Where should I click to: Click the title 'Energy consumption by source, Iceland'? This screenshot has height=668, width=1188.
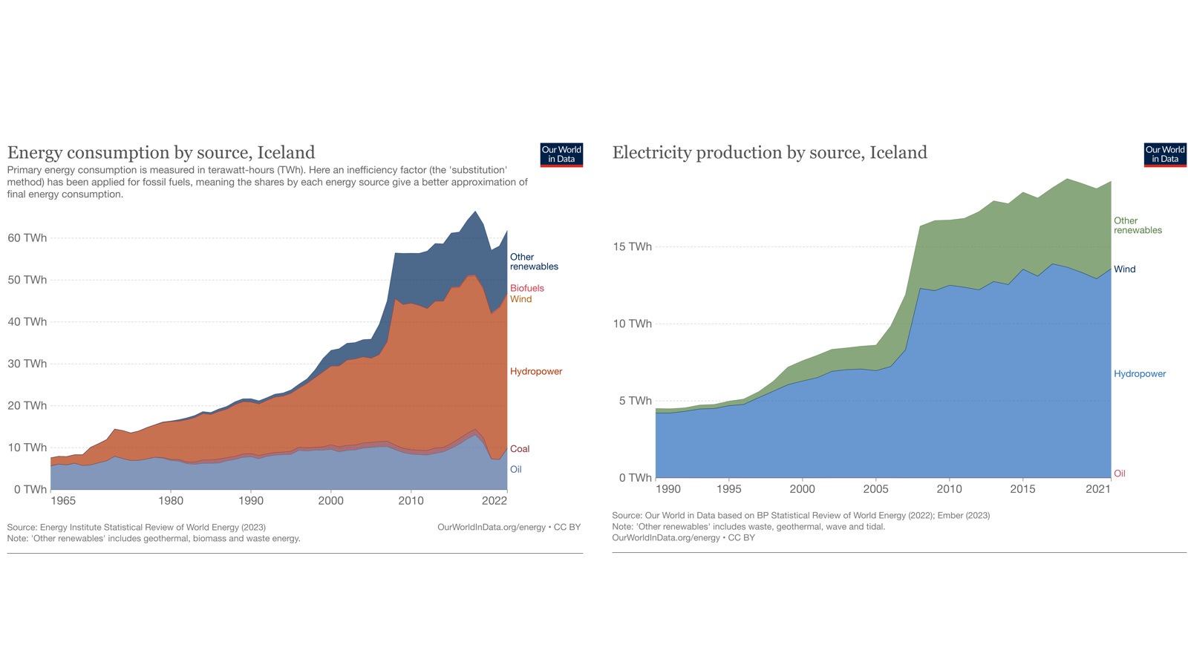[x=161, y=153]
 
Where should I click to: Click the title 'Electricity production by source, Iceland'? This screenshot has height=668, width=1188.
[x=769, y=153]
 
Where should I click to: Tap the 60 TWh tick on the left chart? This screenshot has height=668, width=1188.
[x=27, y=238]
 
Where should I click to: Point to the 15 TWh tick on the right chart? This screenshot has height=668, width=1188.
[x=632, y=246]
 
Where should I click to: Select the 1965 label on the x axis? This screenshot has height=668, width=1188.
[x=63, y=501]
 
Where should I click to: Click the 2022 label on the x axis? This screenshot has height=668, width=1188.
[x=494, y=501]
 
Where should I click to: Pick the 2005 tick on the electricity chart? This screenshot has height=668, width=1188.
[x=875, y=489]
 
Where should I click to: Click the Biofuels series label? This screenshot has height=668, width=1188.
[x=526, y=288]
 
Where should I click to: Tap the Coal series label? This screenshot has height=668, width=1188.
[x=520, y=449]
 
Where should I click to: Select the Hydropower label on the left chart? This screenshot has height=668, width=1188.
[x=535, y=371]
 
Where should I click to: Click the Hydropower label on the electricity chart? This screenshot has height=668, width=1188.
[x=1139, y=374]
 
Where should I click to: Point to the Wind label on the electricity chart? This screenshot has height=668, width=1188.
[x=1124, y=269]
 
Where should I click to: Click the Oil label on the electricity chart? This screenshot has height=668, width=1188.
[x=1119, y=474]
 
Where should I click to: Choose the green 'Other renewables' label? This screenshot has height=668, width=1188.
[x=1137, y=226]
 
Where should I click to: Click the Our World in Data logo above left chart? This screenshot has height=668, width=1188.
[x=561, y=154]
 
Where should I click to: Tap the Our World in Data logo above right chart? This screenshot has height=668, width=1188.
[x=1164, y=154]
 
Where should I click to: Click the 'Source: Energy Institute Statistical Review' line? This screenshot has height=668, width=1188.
[x=136, y=528]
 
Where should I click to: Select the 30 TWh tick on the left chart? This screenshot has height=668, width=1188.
[x=27, y=364]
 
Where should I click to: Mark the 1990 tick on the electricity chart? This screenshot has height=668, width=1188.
[x=668, y=489]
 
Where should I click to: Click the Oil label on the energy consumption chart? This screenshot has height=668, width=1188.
[x=515, y=470]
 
